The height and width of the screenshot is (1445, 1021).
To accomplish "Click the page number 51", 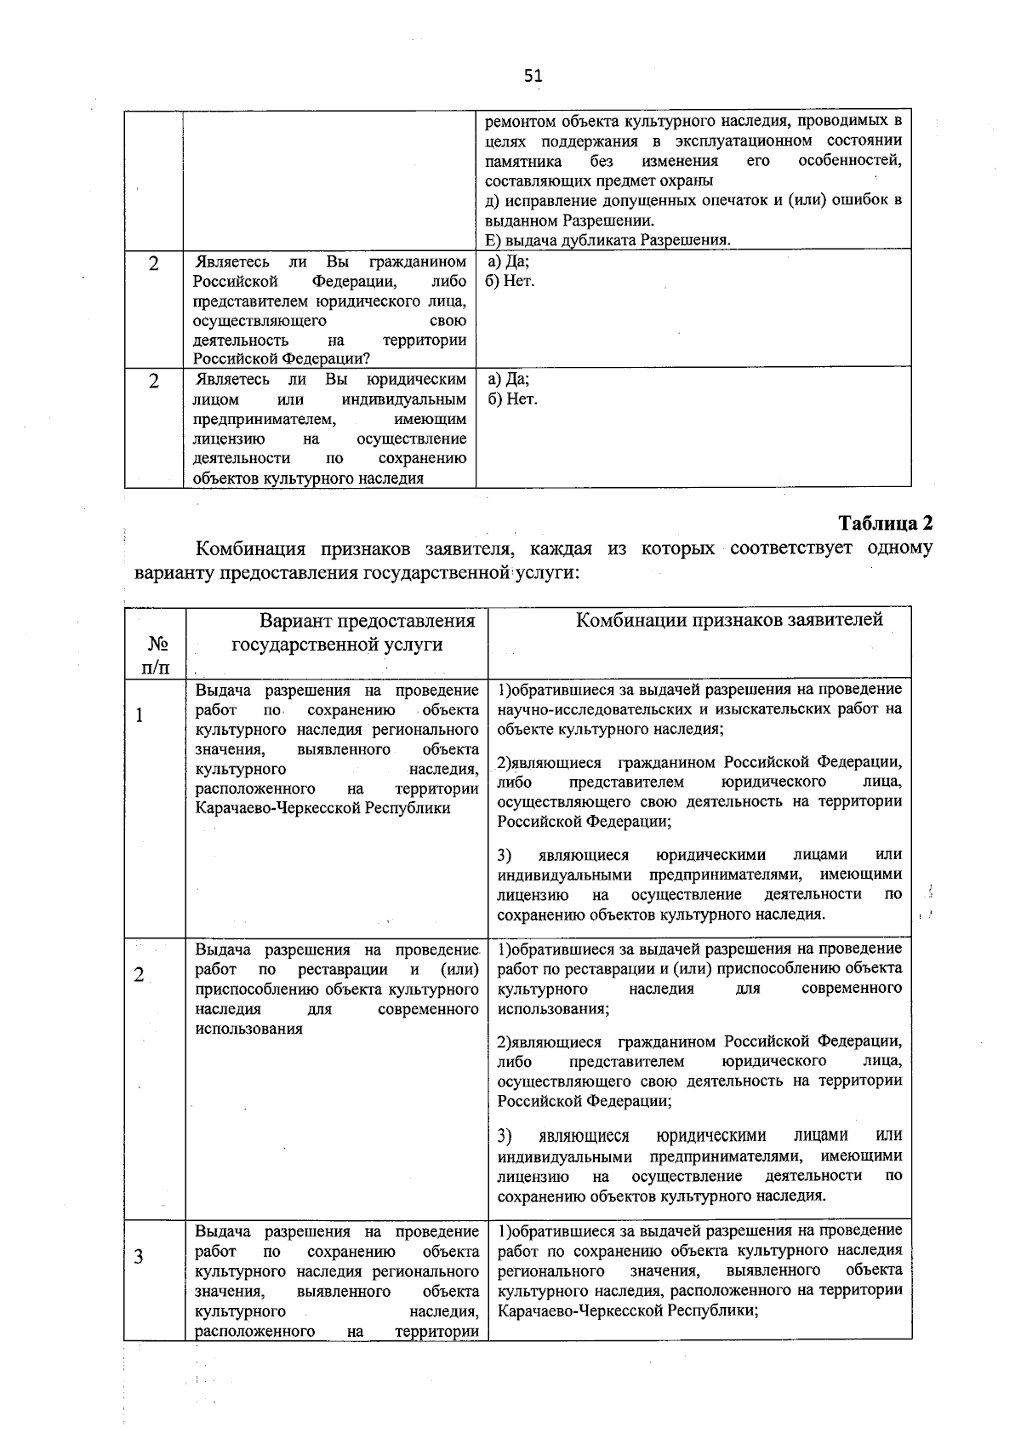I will point(533,76).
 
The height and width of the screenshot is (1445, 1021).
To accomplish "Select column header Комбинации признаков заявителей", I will point(729,620).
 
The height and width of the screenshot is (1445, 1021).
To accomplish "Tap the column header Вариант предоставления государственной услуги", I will point(367,633).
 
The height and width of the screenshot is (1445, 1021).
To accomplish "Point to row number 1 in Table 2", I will point(139,714).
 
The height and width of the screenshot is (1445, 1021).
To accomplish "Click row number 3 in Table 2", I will point(139,1258).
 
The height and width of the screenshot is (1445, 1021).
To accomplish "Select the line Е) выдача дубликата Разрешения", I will point(607,240).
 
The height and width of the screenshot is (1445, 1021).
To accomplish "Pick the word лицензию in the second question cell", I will point(228,439).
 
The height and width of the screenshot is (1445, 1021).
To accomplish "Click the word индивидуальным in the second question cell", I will point(404,399).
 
